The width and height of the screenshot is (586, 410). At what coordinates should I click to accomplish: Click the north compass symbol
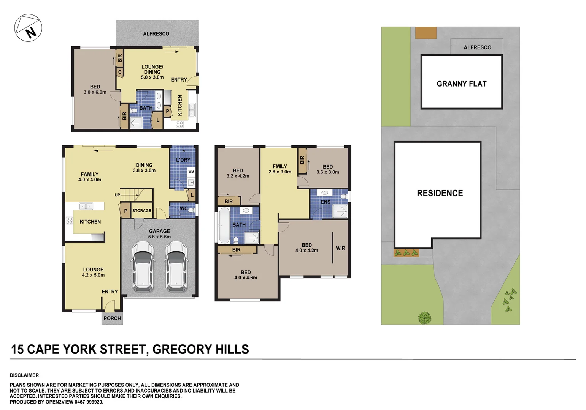(28, 28)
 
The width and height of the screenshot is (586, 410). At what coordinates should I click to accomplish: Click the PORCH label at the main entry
(112, 318)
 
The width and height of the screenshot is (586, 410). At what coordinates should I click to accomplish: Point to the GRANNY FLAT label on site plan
(461, 84)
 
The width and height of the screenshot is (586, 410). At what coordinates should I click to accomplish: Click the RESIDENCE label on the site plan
(440, 193)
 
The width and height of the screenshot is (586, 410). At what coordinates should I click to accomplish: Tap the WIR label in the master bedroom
(340, 248)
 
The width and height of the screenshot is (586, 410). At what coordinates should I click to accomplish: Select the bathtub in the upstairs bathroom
(224, 225)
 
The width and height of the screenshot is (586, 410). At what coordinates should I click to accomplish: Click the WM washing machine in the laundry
(191, 172)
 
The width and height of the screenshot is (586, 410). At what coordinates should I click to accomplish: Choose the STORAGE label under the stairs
(141, 211)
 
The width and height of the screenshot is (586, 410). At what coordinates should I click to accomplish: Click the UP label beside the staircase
(118, 195)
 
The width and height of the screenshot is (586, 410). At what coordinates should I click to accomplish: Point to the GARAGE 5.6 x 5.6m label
(159, 234)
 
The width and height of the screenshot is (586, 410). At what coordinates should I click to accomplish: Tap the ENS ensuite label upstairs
(326, 202)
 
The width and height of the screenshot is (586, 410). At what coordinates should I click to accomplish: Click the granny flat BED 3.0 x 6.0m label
(95, 90)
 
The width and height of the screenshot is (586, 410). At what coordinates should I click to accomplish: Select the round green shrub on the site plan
(424, 318)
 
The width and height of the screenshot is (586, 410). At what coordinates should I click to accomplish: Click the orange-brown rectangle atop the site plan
(426, 33)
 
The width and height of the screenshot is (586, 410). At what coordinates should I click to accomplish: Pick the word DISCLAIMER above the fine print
(24, 375)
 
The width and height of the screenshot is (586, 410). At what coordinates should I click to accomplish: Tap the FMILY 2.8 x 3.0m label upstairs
(280, 169)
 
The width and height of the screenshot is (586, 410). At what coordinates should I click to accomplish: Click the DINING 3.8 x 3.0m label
(144, 168)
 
